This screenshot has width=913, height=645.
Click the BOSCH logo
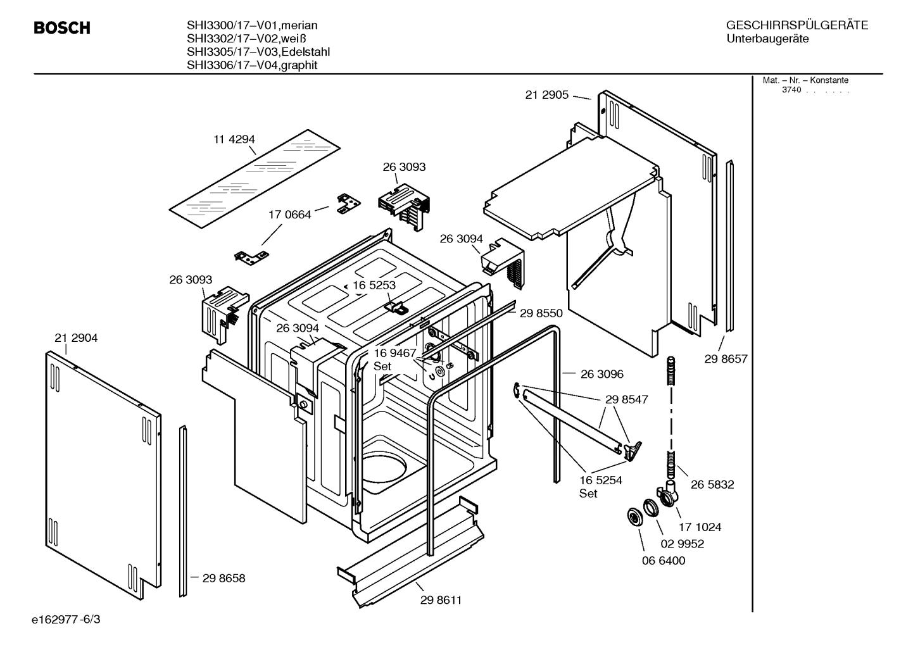(x=61, y=28)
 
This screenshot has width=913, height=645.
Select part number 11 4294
(x=234, y=139)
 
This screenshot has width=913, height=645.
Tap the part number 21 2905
(x=546, y=95)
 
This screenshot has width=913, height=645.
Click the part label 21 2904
(x=76, y=338)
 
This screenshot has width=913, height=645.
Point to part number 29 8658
(x=224, y=578)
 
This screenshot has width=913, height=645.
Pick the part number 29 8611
(x=441, y=600)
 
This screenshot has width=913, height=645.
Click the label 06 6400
(x=663, y=560)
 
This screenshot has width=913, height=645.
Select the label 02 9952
(x=682, y=544)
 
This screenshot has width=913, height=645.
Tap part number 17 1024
(x=700, y=527)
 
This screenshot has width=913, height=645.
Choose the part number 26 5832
(x=712, y=484)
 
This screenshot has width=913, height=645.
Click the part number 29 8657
(x=726, y=359)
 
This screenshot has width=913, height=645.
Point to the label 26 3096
(x=601, y=374)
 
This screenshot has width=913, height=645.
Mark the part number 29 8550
(x=541, y=313)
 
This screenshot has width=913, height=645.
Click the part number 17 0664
(x=290, y=215)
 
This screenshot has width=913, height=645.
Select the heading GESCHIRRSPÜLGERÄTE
(x=797, y=25)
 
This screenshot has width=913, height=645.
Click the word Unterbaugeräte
(x=767, y=39)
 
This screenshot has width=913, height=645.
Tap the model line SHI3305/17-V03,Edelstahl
(x=258, y=52)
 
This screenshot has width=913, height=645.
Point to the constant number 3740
(x=791, y=90)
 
